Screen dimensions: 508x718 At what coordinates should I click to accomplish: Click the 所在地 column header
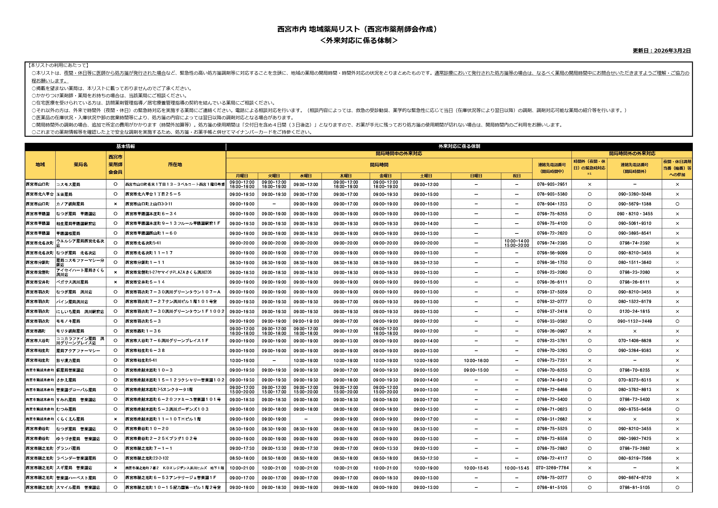175,165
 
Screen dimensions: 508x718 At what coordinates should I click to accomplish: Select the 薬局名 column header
81,165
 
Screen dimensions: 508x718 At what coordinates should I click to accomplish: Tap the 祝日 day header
516,176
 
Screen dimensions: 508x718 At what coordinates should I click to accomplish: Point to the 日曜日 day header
476,176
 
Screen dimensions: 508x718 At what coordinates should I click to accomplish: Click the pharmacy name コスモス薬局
68,184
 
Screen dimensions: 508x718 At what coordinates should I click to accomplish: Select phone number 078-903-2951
552,184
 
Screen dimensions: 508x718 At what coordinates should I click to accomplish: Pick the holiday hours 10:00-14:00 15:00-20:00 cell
516,243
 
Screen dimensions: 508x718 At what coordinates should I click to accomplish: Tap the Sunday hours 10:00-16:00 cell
476,361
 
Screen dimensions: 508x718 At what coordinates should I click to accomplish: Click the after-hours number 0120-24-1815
635,312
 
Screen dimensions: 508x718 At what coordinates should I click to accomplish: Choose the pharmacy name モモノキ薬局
68,321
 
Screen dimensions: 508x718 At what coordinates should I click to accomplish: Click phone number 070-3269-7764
552,468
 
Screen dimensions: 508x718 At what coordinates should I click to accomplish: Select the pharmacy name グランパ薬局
68,448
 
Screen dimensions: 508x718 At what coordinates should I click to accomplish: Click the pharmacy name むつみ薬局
66,409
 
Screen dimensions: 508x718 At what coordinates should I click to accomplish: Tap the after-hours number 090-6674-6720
635,478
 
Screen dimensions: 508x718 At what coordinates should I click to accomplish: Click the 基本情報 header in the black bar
125,146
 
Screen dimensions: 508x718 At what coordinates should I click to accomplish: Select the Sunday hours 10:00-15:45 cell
476,468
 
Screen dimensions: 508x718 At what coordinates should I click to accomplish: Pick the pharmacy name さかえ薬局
66,380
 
